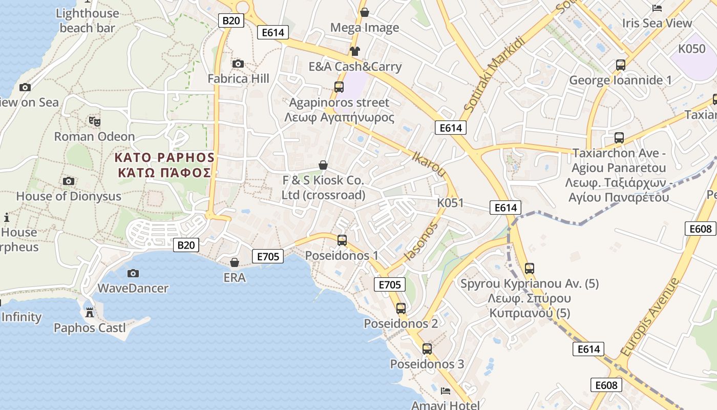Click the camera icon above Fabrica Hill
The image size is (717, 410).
238,64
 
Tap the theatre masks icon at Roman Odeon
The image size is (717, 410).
94,121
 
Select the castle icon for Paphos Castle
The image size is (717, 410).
90,312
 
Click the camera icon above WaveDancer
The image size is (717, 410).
133,273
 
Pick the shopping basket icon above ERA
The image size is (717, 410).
235,262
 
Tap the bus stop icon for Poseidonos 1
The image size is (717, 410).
342,240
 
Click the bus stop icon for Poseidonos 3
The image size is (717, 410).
427,349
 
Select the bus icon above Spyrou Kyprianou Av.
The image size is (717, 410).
530,268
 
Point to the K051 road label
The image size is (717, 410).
450,203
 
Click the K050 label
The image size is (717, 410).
692,49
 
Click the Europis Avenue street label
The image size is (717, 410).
650,317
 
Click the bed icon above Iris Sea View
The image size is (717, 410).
657,8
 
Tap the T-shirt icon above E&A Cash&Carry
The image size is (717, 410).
355,51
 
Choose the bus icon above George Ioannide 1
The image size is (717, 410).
621,65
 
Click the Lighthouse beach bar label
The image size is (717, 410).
88,20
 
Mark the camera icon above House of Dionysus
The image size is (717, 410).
68,181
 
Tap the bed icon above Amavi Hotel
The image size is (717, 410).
446,391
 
